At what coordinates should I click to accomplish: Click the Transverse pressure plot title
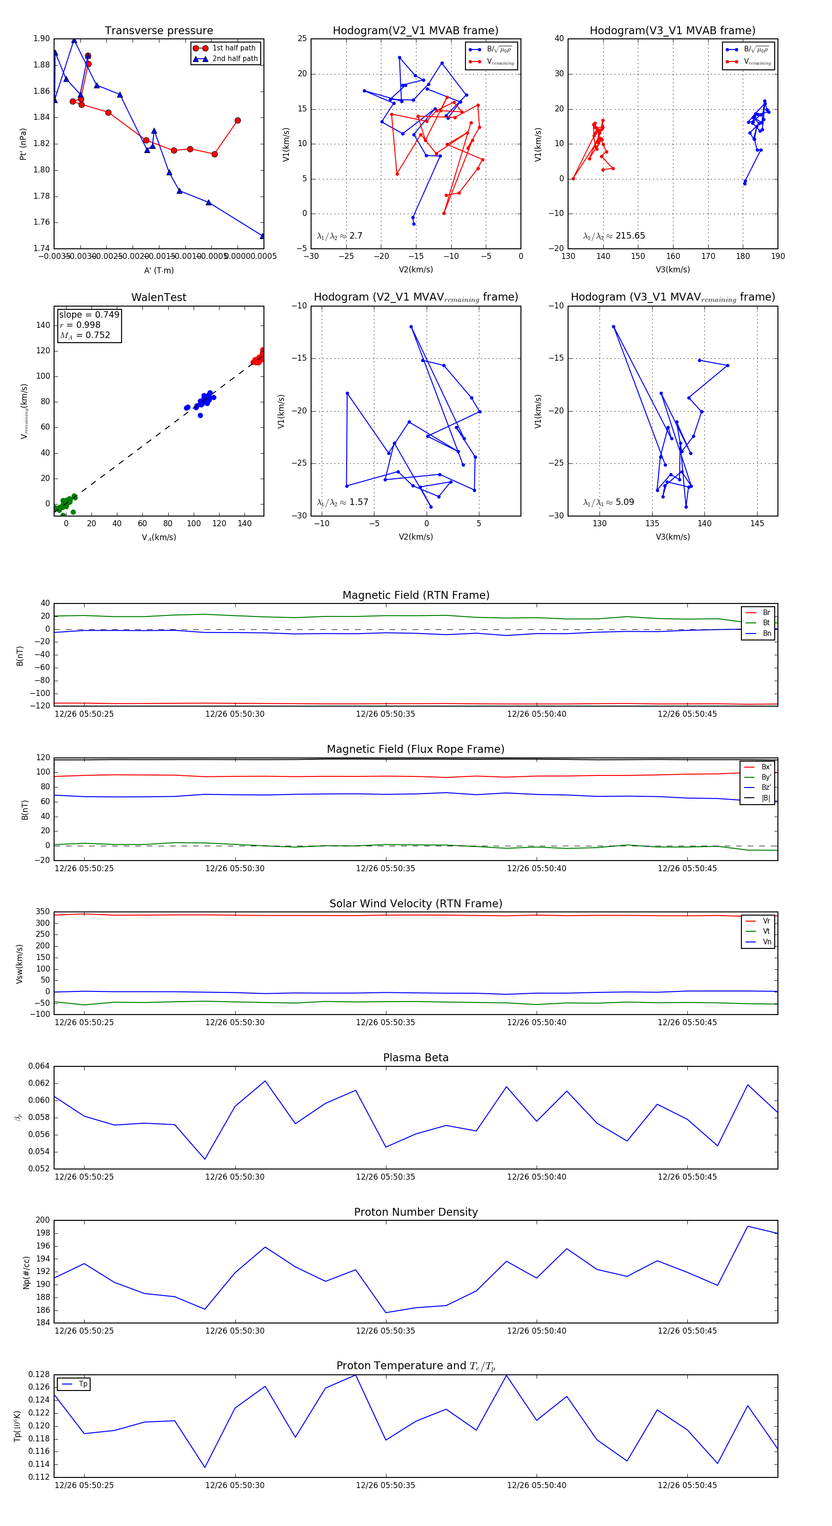pyautogui.click(x=159, y=31)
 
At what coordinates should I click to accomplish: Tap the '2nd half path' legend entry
pyautogui.click(x=234, y=59)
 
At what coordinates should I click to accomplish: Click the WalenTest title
pyautogui.click(x=159, y=297)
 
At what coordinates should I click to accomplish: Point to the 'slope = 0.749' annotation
pyautogui.click(x=89, y=314)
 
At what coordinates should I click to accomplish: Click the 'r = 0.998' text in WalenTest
pyautogui.click(x=80, y=325)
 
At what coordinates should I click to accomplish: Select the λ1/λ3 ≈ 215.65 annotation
pyautogui.click(x=614, y=236)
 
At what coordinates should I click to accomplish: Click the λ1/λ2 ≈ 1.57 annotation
pyautogui.click(x=342, y=502)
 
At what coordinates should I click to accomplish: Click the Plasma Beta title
pyautogui.click(x=416, y=1058)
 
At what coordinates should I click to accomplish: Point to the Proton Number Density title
pyautogui.click(x=416, y=1212)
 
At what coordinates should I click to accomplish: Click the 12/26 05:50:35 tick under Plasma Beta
pyautogui.click(x=385, y=1176)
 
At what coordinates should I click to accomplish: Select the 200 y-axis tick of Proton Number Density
pyautogui.click(x=43, y=1220)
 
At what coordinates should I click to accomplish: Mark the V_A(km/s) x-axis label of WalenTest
pyautogui.click(x=159, y=537)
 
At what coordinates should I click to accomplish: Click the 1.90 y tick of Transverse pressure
pyautogui.click(x=42, y=38)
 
